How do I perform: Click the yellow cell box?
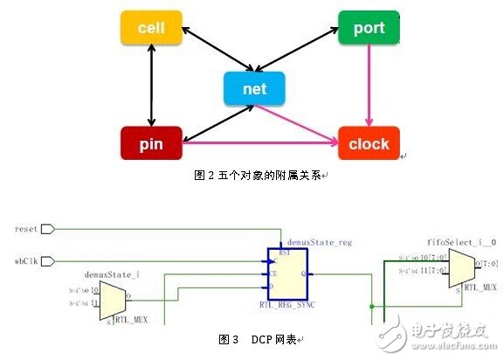click(150, 29)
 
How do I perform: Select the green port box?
click(369, 29)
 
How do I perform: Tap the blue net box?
click(254, 88)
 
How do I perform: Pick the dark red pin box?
click(150, 143)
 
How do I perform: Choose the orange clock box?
click(369, 143)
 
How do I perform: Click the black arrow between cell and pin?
click(150, 86)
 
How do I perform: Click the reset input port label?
click(26, 229)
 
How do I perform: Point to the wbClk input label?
click(26, 260)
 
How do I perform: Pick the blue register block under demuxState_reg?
click(290, 273)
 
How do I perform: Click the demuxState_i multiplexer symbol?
click(114, 301)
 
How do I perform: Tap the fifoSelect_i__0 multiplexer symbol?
click(459, 267)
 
